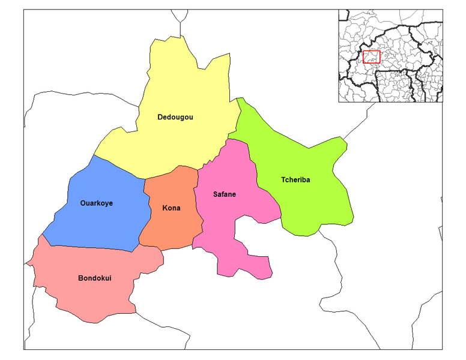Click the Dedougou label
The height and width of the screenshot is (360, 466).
[175, 117]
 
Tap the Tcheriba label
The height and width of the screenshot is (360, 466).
[295, 179]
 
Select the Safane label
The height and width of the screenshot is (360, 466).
[224, 194]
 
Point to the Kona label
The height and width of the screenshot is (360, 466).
[171, 208]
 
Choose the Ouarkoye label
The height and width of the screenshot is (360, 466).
[96, 203]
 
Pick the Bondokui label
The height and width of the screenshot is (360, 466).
[94, 278]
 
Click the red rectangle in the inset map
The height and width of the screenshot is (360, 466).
[372, 57]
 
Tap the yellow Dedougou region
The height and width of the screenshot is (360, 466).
[180, 90]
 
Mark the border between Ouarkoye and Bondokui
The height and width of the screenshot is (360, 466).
[90, 247]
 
